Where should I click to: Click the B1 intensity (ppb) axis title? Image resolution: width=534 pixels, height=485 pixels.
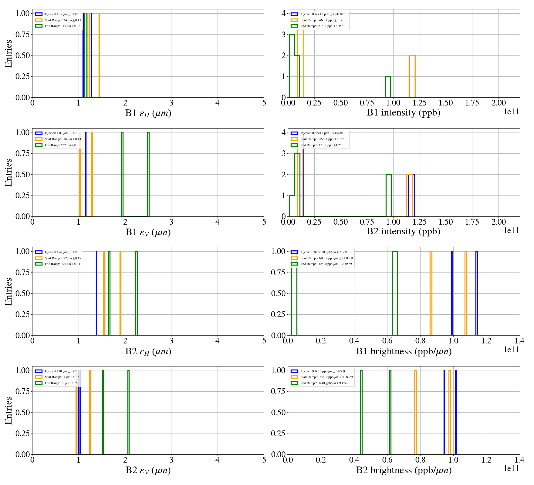point(403,112)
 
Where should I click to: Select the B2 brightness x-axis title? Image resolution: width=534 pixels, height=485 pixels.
point(404,470)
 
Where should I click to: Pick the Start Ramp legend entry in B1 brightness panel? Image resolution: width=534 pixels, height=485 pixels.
point(326,258)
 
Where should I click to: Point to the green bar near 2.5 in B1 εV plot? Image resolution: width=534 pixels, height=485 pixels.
point(148,174)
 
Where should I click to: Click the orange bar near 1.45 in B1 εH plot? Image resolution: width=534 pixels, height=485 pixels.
point(99,55)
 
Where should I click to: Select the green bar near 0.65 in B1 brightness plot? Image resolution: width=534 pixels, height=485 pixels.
point(395,293)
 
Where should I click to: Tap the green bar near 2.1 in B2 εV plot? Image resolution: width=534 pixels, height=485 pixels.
point(128,412)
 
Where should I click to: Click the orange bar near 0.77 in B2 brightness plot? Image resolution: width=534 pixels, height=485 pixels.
point(415,412)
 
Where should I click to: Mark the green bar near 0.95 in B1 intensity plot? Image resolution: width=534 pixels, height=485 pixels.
point(388,87)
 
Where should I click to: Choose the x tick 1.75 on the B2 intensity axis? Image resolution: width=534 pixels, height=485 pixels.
point(472,222)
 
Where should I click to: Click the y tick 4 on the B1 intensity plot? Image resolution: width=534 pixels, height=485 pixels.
point(283,13)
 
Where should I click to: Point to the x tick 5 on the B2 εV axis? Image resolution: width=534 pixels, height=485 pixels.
point(264,460)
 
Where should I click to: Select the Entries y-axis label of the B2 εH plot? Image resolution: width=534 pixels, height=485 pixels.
point(8,291)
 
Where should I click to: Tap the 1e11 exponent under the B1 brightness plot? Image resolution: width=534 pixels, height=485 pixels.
point(511,350)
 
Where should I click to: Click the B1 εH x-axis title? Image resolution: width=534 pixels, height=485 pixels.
point(148,113)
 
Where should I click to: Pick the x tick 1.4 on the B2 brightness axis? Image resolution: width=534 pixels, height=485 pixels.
point(519,460)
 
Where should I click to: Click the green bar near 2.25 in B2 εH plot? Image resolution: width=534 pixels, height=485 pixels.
point(137,293)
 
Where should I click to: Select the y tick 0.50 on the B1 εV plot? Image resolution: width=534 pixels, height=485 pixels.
point(22,174)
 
